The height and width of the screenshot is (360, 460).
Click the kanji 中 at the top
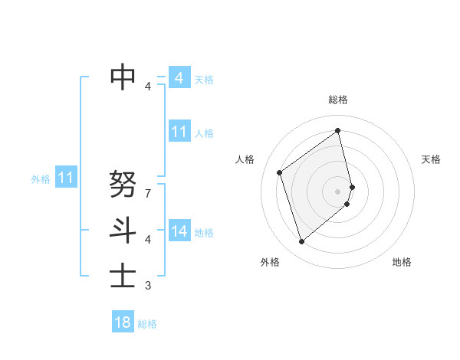(123, 77)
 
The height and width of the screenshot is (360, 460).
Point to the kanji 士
(123, 275)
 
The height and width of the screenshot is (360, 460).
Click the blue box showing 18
(123, 322)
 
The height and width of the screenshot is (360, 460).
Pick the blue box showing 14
(179, 231)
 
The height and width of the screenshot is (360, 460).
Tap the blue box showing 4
(179, 78)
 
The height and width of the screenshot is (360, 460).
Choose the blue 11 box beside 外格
(66, 178)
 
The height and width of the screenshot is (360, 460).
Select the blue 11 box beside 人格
(179, 132)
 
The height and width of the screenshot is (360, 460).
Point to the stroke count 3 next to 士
(148, 286)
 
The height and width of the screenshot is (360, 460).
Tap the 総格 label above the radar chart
(338, 100)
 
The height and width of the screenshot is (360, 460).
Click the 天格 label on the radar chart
(432, 159)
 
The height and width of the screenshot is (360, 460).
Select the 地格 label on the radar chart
(402, 262)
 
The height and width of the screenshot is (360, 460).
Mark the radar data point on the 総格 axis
(338, 130)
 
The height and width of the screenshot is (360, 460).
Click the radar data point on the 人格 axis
(280, 172)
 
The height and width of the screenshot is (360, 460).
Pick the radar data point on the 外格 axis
(302, 242)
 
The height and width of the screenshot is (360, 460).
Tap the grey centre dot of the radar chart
(338, 191)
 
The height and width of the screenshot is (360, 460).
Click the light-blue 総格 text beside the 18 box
(147, 324)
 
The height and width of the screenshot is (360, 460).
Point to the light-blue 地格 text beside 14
(204, 232)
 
